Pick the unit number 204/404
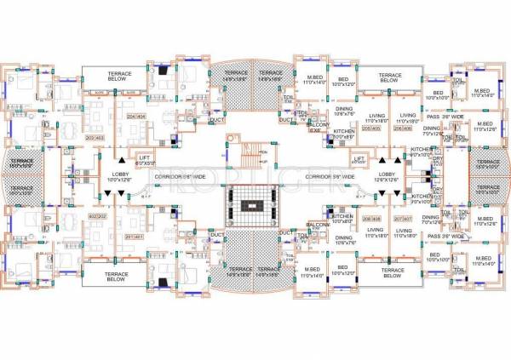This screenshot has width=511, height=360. [136, 116]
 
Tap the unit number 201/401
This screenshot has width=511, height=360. [135, 237]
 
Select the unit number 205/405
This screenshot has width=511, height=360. [370, 128]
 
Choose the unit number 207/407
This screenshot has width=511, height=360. [403, 219]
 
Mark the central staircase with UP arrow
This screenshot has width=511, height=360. [248, 154]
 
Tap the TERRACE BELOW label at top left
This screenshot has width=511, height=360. [120, 77]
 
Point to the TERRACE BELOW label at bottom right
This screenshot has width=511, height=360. [391, 273]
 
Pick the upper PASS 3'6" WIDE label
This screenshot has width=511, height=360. [444, 117]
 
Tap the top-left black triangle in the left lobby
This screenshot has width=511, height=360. [123, 158]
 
